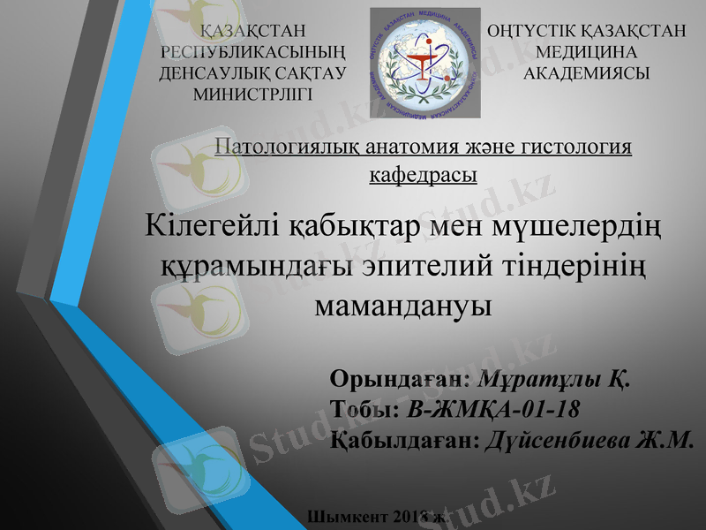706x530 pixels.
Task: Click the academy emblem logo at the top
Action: pos(424,63)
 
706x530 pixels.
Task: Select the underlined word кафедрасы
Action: pos(423,174)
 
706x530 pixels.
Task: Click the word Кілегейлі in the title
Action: pos(212,226)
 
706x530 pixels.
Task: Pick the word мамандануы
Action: pos(402,306)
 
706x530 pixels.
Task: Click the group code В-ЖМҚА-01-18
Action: pos(492,410)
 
